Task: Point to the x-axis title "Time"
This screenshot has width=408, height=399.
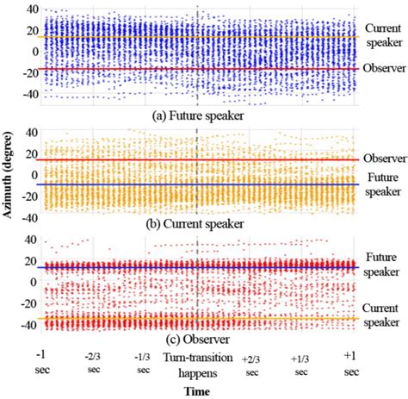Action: point(197,390)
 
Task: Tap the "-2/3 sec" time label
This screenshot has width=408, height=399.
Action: point(93,363)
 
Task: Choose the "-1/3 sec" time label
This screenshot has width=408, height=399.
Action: point(144,363)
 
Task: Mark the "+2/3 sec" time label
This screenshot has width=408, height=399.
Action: point(251,365)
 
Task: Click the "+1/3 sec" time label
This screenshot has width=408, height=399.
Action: point(300,365)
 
